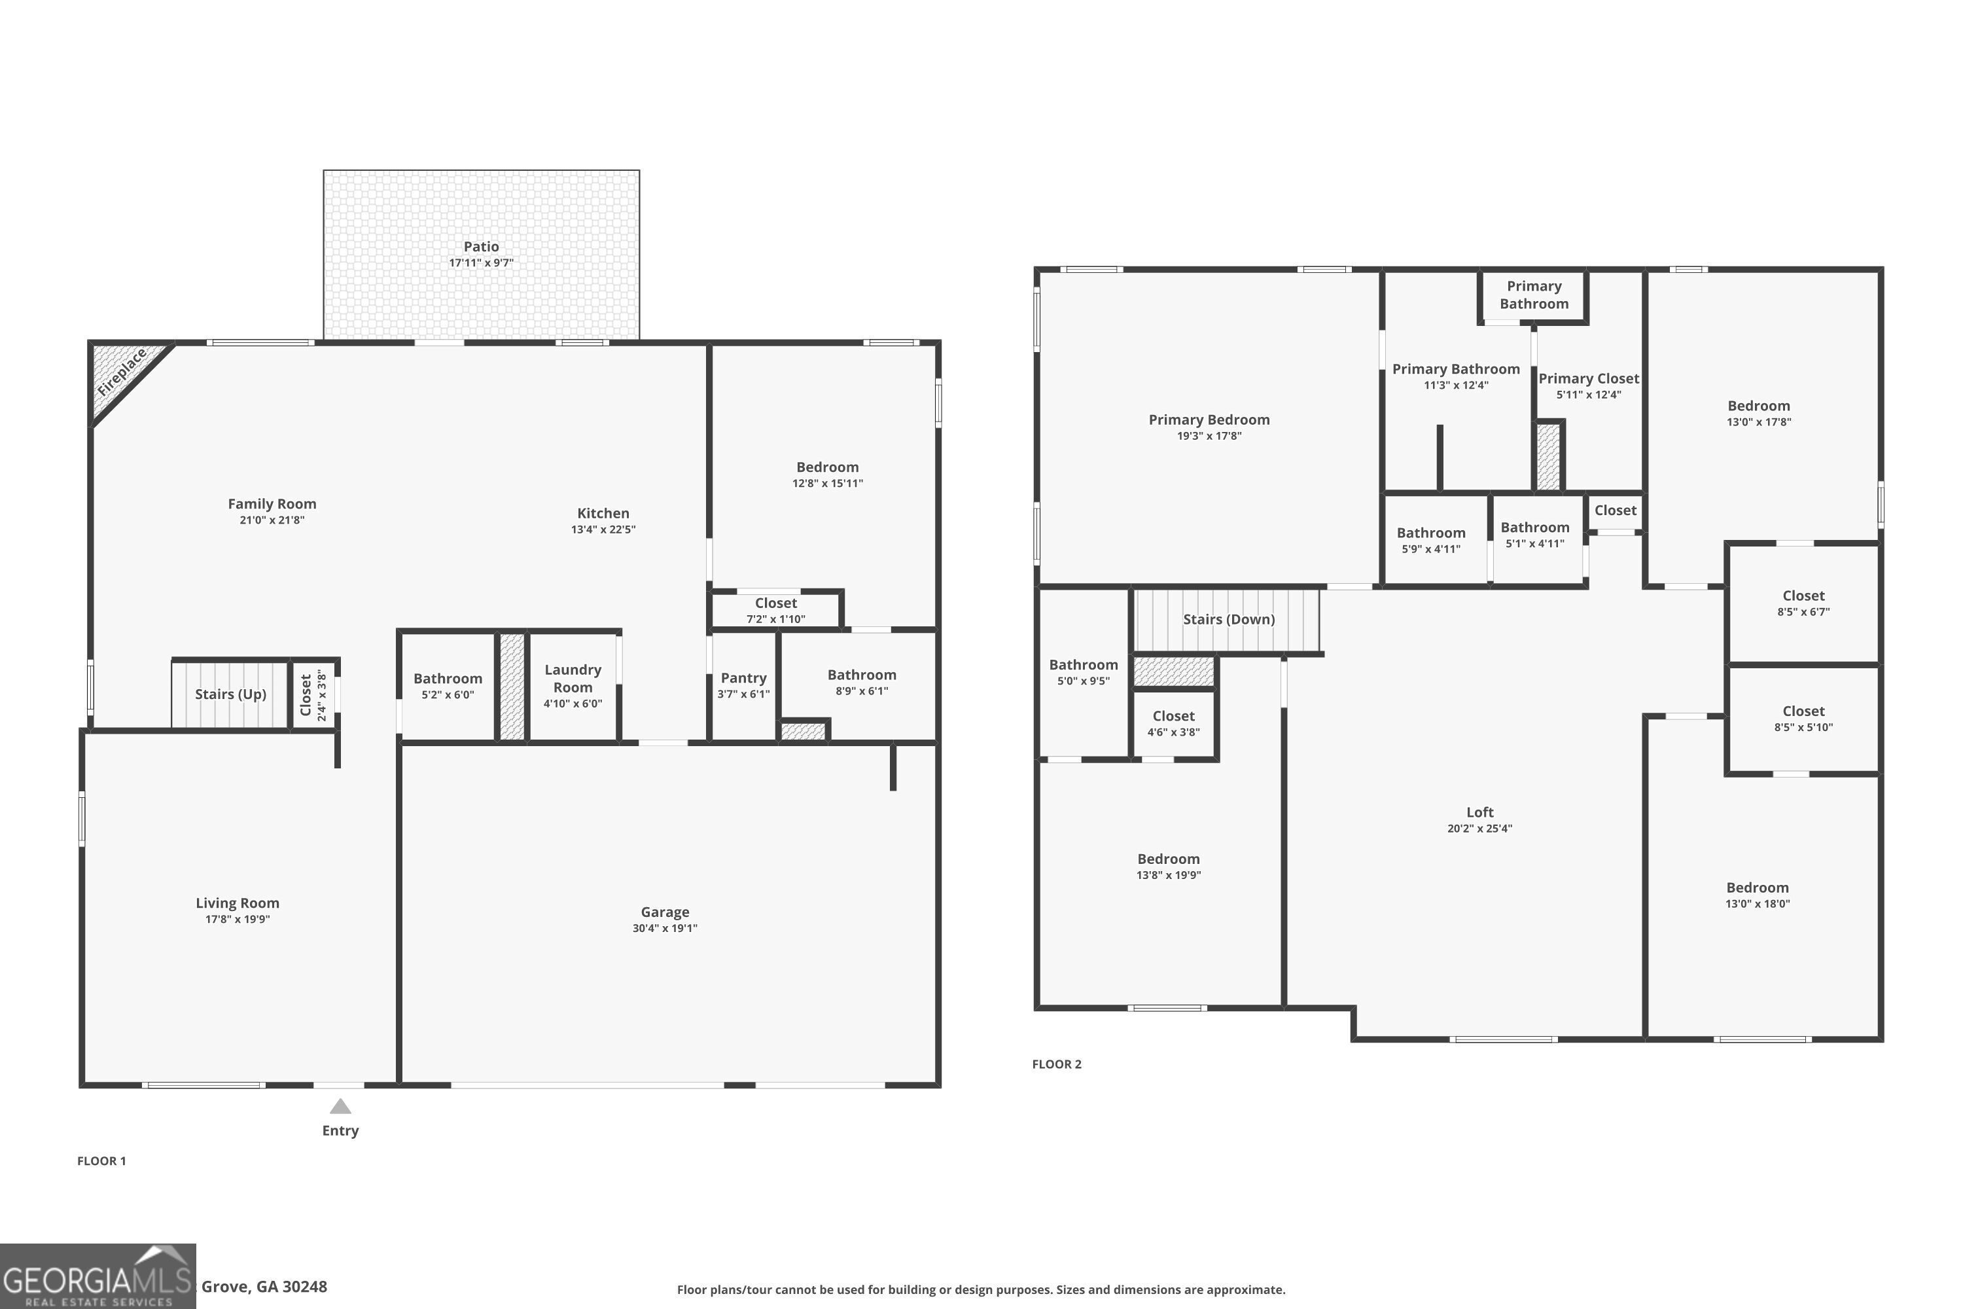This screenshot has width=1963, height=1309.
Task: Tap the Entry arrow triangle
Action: pyautogui.click(x=340, y=1107)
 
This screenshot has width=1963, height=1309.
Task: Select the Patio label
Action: pyautogui.click(x=481, y=246)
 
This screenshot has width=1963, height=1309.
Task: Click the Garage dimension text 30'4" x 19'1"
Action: pyautogui.click(x=664, y=928)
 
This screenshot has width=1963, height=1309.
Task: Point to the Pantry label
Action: pyautogui.click(x=743, y=678)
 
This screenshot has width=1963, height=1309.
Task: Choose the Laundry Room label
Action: pyautogui.click(x=573, y=678)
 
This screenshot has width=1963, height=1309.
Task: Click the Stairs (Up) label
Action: pyautogui.click(x=230, y=694)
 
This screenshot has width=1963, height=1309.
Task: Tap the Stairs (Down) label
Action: pyautogui.click(x=1229, y=619)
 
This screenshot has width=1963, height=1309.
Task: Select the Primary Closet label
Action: pyautogui.click(x=1588, y=378)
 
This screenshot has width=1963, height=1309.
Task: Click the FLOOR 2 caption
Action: pyautogui.click(x=1056, y=1064)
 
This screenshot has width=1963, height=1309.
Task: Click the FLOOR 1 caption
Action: pyautogui.click(x=101, y=1160)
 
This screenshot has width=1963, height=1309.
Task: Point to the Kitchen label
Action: pyautogui.click(x=603, y=513)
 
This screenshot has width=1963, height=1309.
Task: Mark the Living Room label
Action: pyautogui.click(x=237, y=903)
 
